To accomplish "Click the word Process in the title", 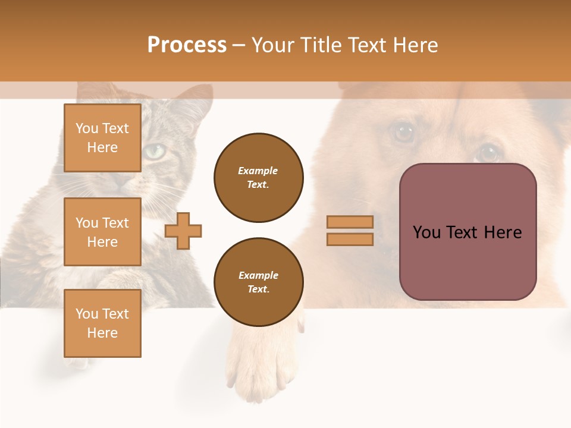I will click(187, 45).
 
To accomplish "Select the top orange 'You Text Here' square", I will click(102, 138).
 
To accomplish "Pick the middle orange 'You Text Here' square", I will click(102, 232).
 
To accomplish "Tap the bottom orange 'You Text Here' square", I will click(102, 323).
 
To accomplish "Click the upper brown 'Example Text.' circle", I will click(258, 178).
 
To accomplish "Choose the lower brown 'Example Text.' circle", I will click(258, 282).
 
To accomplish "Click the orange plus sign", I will click(183, 231).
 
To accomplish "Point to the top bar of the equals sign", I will click(350, 222).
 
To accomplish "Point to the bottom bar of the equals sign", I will click(350, 239).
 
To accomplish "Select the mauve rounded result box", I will click(468, 232).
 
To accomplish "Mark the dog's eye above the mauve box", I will click(489, 152).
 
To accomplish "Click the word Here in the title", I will click(415, 45).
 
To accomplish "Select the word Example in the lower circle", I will click(258, 275).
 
